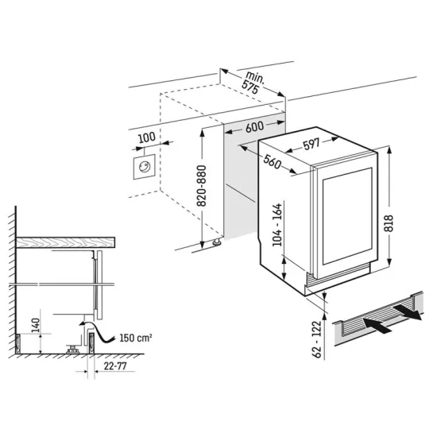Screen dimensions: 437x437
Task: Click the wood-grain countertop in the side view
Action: pyautogui.click(x=68, y=242)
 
